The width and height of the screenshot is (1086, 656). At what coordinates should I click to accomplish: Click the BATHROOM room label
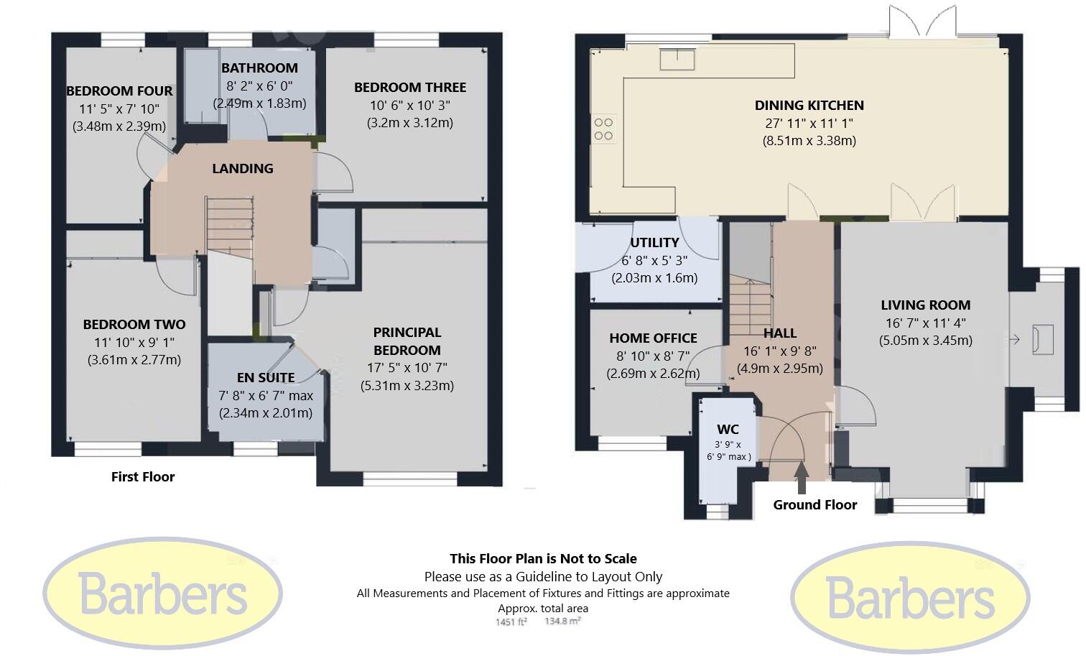click(259, 68)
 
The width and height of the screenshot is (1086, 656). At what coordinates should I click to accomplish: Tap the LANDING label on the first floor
click(243, 168)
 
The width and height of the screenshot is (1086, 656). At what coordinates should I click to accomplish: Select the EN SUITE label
click(266, 378)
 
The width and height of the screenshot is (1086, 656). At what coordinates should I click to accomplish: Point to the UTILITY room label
click(654, 242)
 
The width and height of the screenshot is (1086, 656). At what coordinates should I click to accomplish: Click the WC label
click(728, 429)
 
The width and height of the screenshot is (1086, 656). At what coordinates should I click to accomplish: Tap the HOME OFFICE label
click(653, 338)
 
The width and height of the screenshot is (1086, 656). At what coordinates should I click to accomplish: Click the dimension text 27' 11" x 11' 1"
click(809, 123)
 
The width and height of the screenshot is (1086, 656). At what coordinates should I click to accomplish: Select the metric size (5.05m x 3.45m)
click(926, 341)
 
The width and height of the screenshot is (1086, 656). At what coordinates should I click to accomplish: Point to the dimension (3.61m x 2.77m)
click(134, 360)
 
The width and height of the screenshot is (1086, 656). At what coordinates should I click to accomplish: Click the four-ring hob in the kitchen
click(603, 129)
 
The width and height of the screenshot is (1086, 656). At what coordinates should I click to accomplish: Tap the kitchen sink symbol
click(677, 60)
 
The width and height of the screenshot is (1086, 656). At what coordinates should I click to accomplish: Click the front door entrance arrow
click(802, 478)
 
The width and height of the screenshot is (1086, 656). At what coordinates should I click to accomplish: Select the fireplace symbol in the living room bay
click(1042, 340)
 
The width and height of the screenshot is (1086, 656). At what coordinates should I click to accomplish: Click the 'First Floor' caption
click(142, 476)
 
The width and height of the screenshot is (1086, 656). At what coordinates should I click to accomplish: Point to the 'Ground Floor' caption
click(815, 504)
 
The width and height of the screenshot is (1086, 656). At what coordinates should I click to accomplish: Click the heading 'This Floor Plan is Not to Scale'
click(543, 558)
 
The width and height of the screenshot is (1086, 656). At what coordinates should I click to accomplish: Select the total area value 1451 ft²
click(511, 622)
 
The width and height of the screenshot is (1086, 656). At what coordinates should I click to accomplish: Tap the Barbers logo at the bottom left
click(163, 593)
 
